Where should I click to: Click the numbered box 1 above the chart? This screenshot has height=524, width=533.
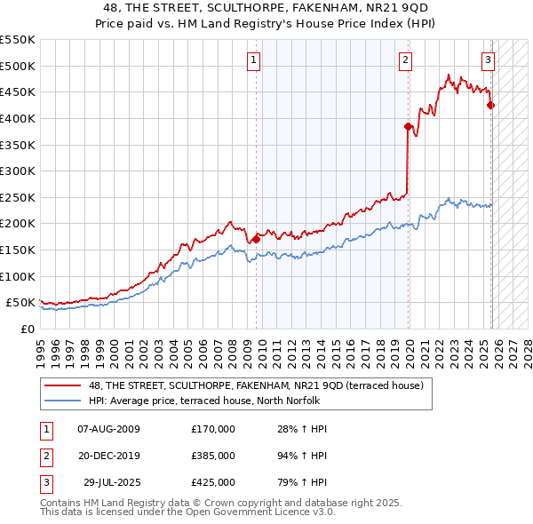pos(253,60)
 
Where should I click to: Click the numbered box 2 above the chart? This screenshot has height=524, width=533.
pos(405,60)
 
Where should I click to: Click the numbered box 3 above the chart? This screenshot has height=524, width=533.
pos(488,60)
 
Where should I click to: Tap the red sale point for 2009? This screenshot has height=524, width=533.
pos(256,239)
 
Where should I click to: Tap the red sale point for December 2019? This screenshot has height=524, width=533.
pos(408,126)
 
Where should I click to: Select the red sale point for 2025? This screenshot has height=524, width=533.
pos(490,105)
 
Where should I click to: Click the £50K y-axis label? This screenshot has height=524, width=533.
pos(21,303)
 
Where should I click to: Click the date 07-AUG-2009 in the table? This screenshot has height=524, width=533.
pos(108,429)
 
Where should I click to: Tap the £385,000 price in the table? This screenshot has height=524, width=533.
pos(212,456)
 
